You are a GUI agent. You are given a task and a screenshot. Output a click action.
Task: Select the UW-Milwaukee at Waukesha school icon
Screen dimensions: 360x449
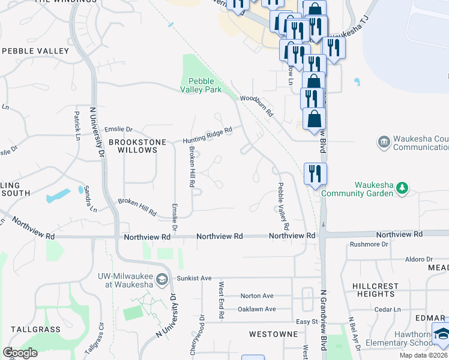tap(161, 280)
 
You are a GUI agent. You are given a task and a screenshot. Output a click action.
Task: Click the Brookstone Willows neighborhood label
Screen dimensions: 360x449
tap(133, 146)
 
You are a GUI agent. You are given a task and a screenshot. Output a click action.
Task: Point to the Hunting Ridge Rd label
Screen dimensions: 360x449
tap(207, 135)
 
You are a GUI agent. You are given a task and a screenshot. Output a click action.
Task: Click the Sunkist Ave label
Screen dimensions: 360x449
tap(194, 278)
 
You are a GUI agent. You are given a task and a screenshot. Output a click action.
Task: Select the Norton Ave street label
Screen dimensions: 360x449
tap(256, 296)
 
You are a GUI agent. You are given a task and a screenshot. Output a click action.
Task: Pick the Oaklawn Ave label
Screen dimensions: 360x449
tap(256, 309)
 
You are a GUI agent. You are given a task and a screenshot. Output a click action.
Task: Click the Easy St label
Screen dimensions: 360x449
tap(306, 322)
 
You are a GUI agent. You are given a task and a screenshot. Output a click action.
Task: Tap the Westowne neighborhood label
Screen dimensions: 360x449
tap(274, 334)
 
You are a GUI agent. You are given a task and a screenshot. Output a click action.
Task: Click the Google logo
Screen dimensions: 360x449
tap(20, 353)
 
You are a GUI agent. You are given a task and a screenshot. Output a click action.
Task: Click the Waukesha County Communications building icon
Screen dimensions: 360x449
tap(383, 142)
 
